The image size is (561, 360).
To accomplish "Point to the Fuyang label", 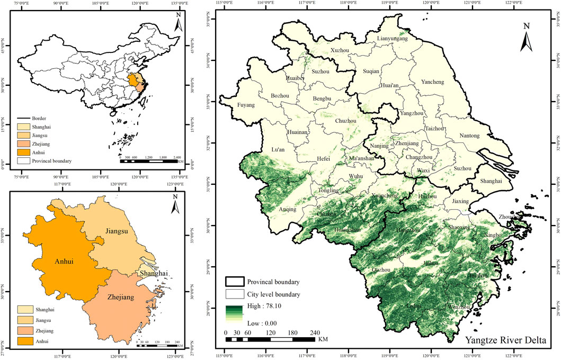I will [x=245, y=105].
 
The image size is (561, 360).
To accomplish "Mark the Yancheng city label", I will [x=447, y=82].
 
